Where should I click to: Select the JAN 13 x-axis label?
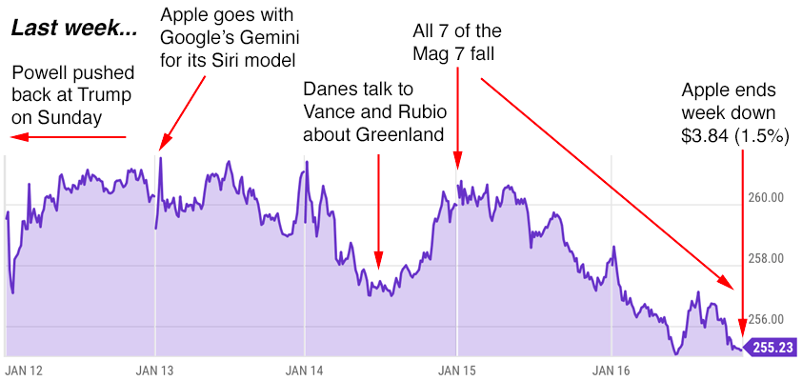(154, 368)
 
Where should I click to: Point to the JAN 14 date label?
(305, 368)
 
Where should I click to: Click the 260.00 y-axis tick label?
(765, 198)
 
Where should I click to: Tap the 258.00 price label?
(765, 259)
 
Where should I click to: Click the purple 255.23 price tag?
(771, 348)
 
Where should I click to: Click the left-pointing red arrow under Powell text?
(67, 137)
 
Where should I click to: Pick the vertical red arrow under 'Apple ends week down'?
(742, 243)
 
